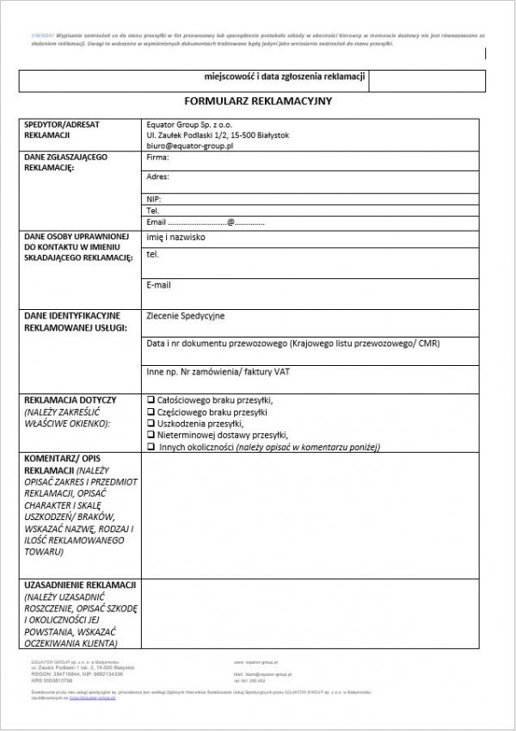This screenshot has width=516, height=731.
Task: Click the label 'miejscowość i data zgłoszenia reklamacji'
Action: tap(279, 78)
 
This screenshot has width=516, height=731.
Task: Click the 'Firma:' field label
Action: tap(158, 158)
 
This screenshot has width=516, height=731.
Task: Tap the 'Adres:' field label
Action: tap(158, 177)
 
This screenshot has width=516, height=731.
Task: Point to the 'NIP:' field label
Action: tap(155, 199)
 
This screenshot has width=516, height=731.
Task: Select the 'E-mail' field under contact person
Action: tap(159, 285)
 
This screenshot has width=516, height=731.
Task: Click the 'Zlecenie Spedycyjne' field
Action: tap(186, 316)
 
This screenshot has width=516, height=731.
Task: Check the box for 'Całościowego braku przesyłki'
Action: tap(151, 400)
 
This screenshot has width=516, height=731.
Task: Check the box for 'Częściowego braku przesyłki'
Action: tap(151, 412)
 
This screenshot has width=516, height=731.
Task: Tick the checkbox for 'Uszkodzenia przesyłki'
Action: tap(151, 424)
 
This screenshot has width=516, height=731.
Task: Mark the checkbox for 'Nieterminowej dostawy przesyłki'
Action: tap(151, 436)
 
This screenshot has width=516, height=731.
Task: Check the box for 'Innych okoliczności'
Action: tap(151, 448)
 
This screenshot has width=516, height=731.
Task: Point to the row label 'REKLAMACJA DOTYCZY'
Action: tap(71, 401)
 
